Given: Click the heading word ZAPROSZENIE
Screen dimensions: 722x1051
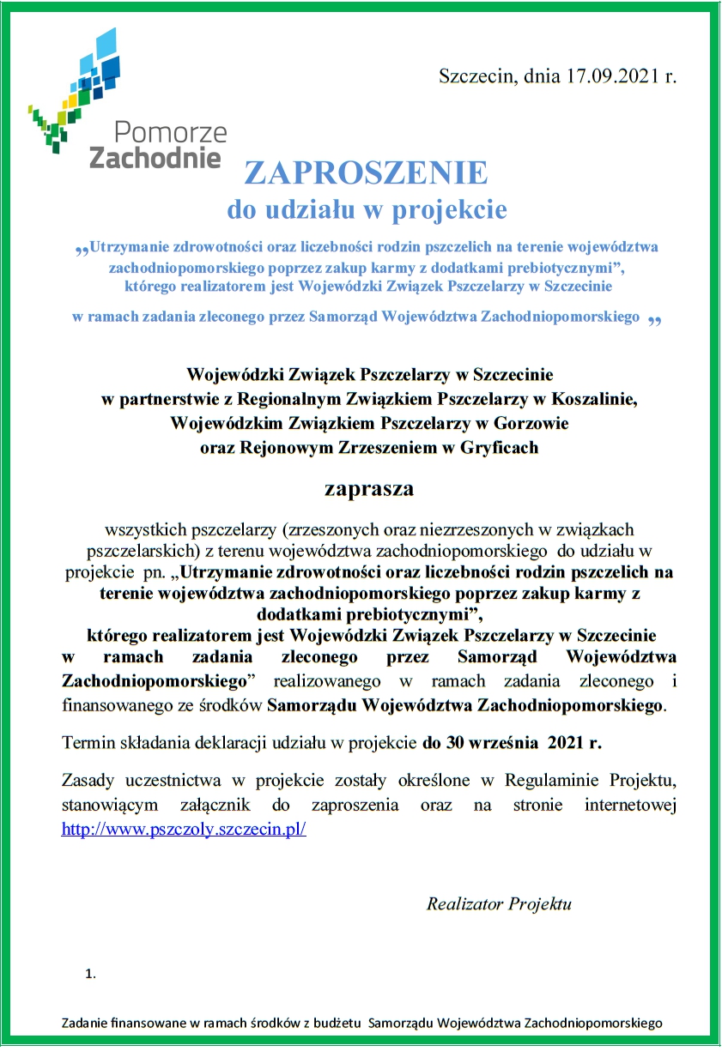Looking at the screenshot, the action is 367,172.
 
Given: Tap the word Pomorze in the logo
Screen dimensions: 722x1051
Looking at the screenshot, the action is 170,132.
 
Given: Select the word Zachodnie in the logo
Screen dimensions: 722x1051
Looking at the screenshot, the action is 155,157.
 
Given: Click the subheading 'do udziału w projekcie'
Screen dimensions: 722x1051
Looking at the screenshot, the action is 367,208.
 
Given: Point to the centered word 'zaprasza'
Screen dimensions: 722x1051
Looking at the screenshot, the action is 368,489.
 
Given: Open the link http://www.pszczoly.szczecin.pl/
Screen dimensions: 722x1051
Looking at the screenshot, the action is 185,831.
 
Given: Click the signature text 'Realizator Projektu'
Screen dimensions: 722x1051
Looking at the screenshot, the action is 499,903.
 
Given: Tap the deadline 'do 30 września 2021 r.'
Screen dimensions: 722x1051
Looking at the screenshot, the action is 511,743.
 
